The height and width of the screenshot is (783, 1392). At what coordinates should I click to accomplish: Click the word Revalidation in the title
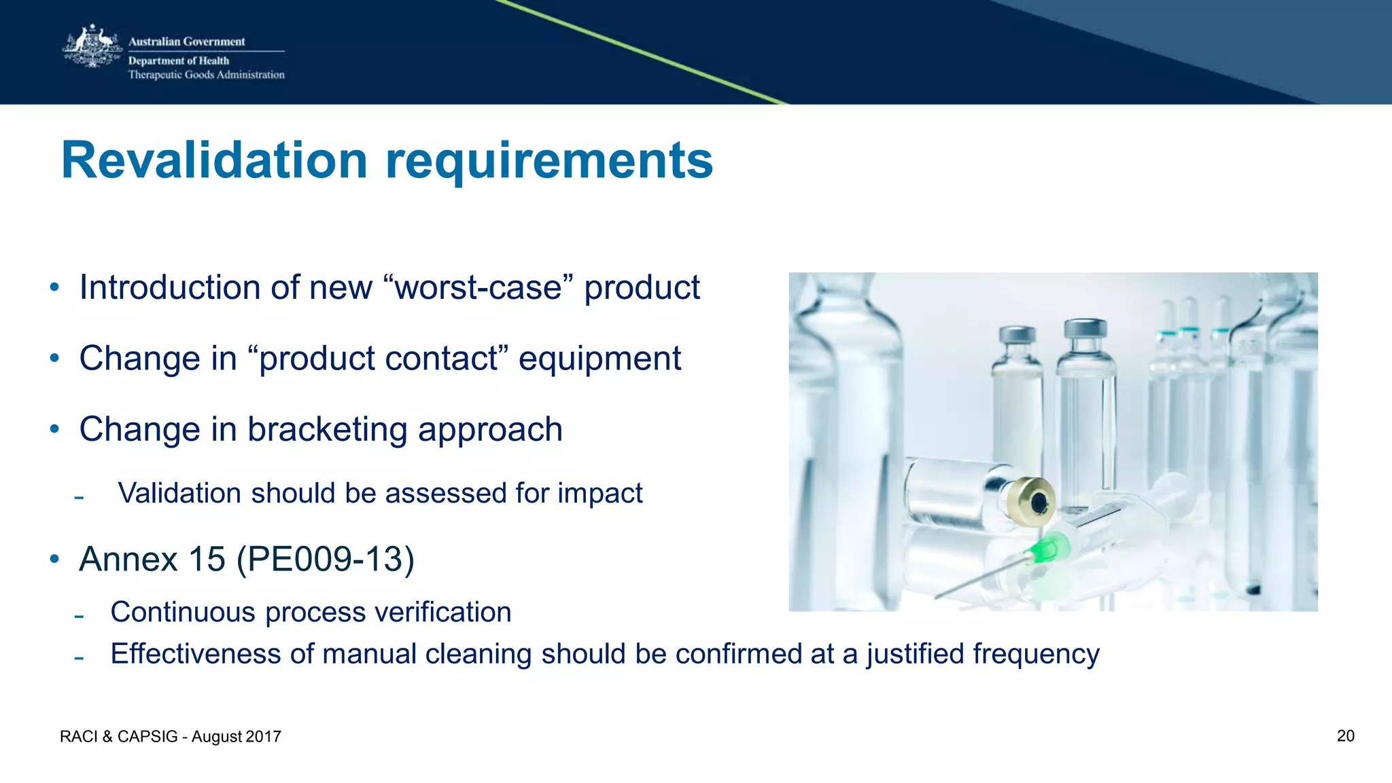[214, 160]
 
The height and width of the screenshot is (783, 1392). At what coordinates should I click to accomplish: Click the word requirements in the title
[549, 162]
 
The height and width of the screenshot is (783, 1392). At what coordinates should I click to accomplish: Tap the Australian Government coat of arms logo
[92, 48]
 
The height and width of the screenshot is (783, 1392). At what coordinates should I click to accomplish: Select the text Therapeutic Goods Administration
[206, 75]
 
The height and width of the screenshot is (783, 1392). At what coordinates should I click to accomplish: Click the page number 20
[1345, 736]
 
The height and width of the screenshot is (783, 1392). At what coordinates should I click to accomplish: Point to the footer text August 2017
[236, 737]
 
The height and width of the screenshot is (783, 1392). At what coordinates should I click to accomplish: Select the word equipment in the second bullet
[599, 359]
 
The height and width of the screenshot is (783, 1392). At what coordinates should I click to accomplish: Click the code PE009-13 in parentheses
[326, 560]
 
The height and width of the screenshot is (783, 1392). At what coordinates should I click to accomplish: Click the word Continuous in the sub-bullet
[183, 613]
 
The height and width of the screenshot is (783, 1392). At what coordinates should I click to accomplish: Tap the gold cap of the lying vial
[1029, 502]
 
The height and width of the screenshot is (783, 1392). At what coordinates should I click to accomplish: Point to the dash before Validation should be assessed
[79, 498]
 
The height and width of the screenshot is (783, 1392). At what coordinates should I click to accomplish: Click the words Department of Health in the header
[179, 60]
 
